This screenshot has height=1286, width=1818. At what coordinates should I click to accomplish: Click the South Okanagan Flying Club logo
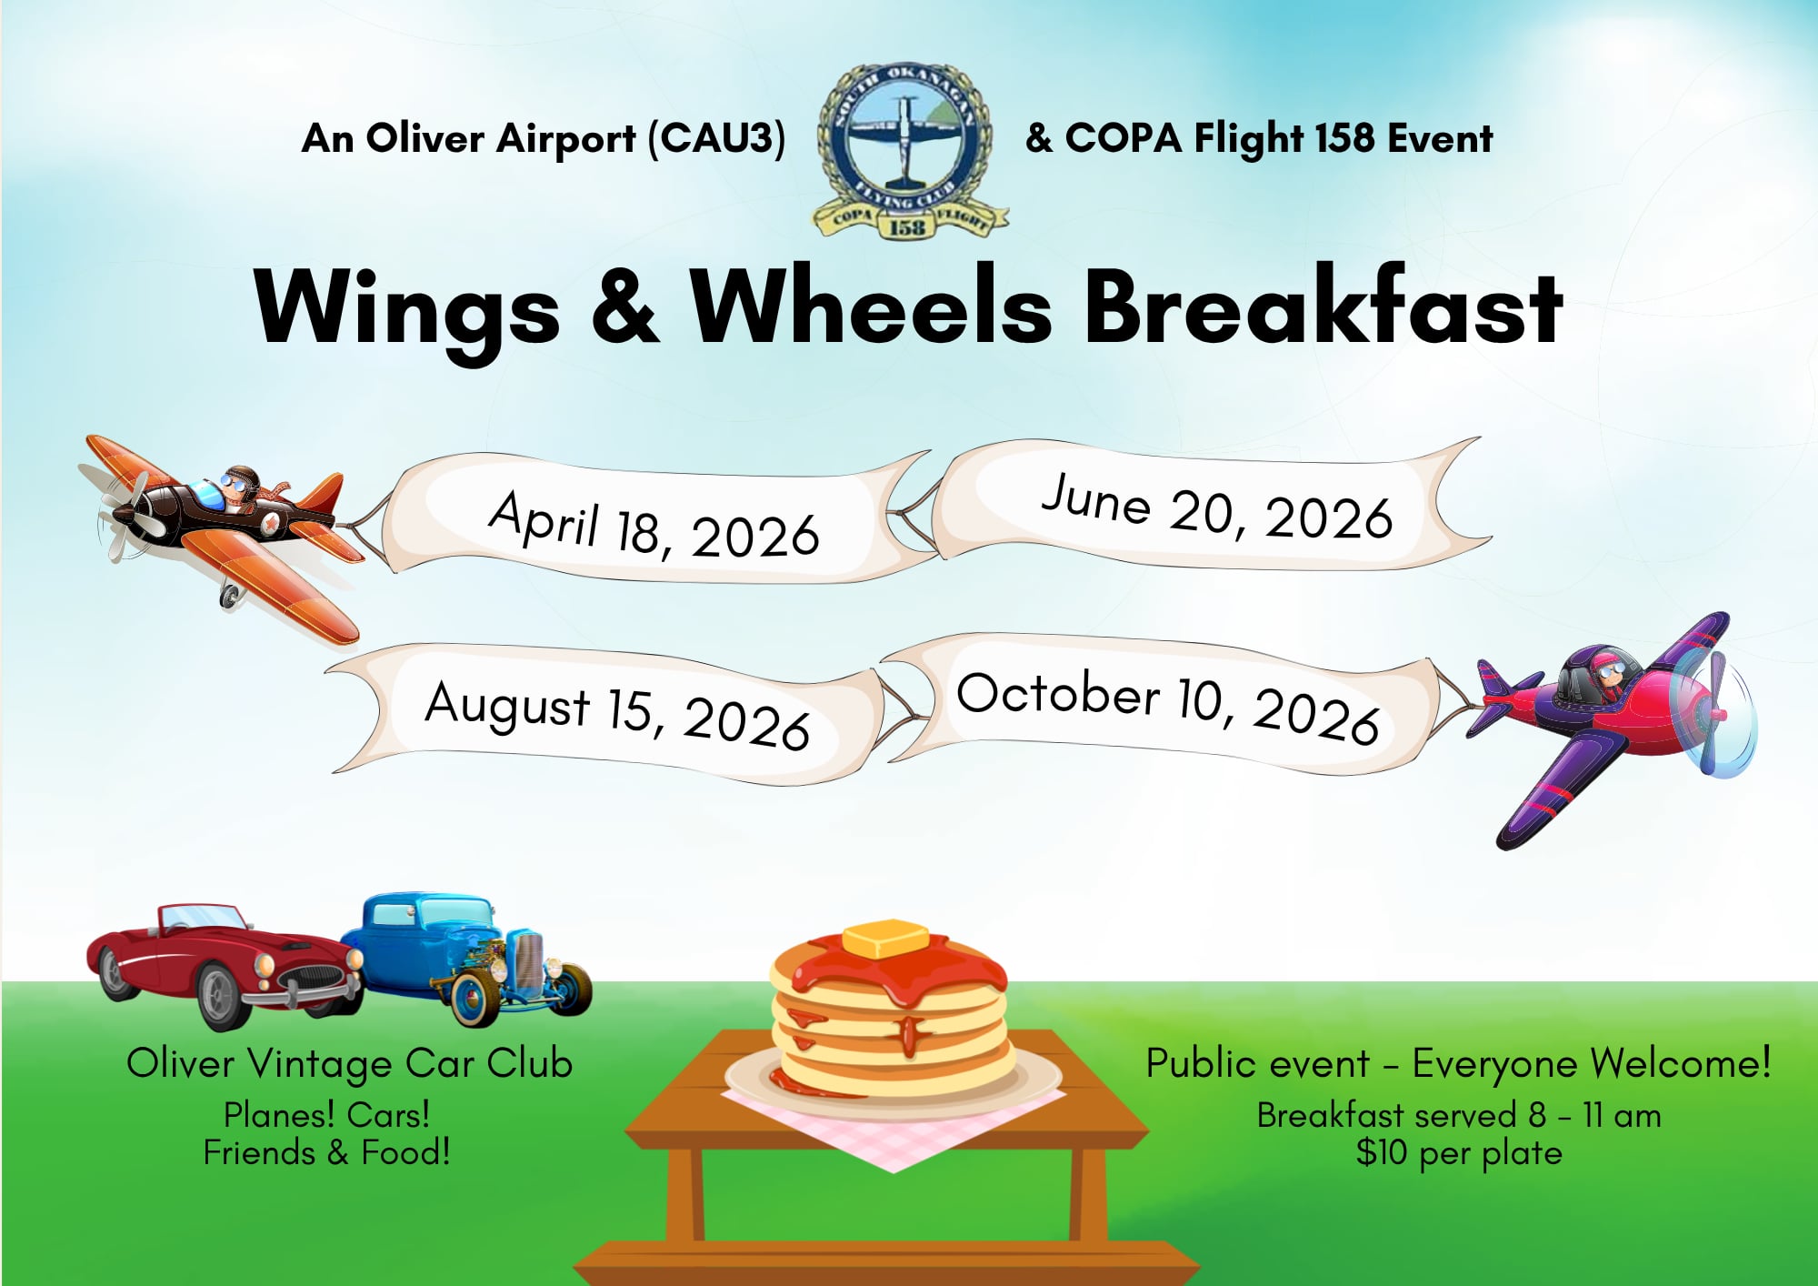909,151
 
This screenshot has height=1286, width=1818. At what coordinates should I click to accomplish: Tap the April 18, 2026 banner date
654,525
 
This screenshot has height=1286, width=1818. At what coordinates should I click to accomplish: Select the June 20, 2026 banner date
1216,507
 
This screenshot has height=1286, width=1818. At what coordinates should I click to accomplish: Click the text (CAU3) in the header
716,138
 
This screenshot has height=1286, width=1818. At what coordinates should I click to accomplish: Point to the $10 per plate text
1459,1152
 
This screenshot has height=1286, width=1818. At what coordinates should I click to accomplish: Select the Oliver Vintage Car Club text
350,1063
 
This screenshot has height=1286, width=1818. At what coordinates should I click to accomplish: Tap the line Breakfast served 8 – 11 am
1459,1115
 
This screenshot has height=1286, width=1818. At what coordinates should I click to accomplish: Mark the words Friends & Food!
327,1152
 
